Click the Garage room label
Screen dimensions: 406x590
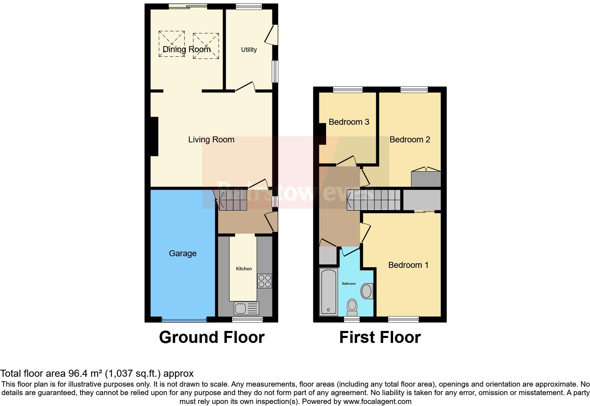182,253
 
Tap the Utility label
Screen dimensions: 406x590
249,50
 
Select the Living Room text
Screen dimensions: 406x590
211,140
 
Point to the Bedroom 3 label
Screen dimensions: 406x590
349,122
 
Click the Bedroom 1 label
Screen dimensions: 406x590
408,265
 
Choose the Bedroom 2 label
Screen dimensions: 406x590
410,140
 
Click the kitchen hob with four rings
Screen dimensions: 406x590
265,281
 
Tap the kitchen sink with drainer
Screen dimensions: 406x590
246,309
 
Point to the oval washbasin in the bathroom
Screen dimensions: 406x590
367,291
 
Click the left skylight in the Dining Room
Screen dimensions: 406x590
171,44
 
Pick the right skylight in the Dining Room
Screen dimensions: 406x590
206,46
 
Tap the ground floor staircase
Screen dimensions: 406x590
232,200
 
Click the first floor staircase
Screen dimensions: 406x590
374,200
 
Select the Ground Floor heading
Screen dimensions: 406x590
212,337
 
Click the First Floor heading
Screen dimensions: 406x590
380,337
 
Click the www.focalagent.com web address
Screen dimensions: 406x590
377,401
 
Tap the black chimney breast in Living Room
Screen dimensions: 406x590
154,136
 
